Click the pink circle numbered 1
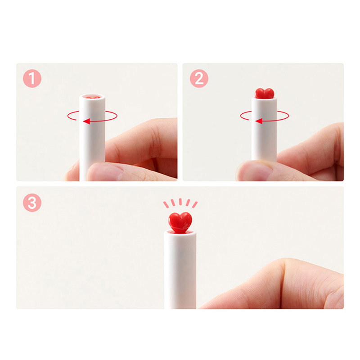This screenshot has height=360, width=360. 32,78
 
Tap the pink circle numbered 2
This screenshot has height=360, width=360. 199,78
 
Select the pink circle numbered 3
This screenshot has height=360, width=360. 32,203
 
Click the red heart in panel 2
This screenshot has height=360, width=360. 265,94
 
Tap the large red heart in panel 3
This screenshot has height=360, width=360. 180,222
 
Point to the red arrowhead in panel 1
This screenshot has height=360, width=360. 86,121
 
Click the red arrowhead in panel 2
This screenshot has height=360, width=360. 259,121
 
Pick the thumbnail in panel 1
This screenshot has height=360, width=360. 106,171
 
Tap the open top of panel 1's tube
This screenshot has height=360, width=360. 92,97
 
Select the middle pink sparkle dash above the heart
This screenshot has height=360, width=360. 180,202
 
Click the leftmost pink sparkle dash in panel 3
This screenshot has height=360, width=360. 166,205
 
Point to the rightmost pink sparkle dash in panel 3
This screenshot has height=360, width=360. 195,205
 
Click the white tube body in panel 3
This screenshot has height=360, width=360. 180,271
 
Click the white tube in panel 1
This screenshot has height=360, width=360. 92,138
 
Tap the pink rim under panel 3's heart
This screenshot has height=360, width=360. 180,232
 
